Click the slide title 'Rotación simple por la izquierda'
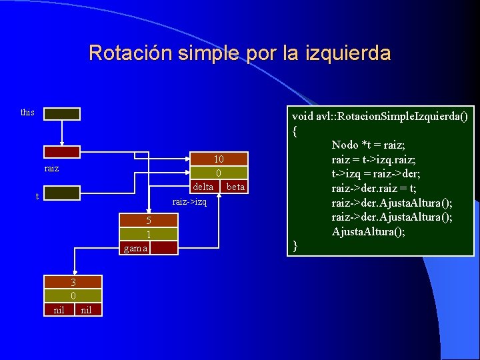coord(239,53)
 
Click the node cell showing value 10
coord(219,159)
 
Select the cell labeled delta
coord(203,187)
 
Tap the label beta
coord(235,187)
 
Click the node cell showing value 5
coord(149,221)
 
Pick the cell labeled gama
coord(135,248)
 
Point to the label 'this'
coord(27,112)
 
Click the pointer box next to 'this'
coord(62,114)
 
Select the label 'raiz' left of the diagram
coord(52,169)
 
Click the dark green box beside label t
coord(62,193)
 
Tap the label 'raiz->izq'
coord(189,201)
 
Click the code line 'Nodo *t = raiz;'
coord(368,145)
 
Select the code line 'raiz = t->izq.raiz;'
coord(378,159)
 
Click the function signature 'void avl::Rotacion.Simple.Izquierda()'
coord(380,115)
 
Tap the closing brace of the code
coord(295,247)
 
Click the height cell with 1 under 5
coord(149,234)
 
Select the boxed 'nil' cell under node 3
coord(59,309)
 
